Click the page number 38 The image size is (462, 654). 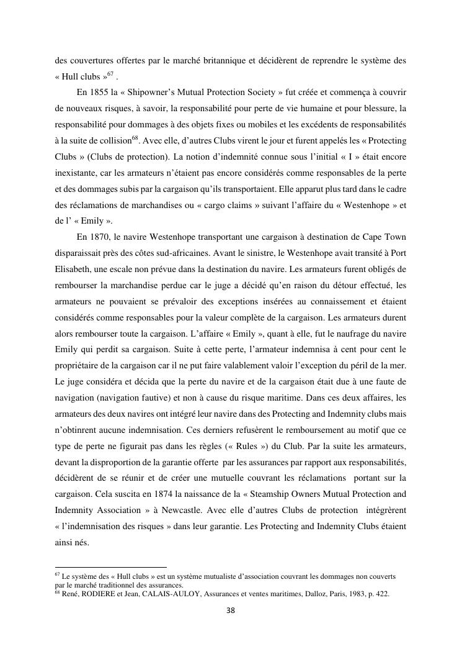pos(231,611)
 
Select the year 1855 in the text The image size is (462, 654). pos(102,93)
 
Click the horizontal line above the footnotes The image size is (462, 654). pos(111,567)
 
